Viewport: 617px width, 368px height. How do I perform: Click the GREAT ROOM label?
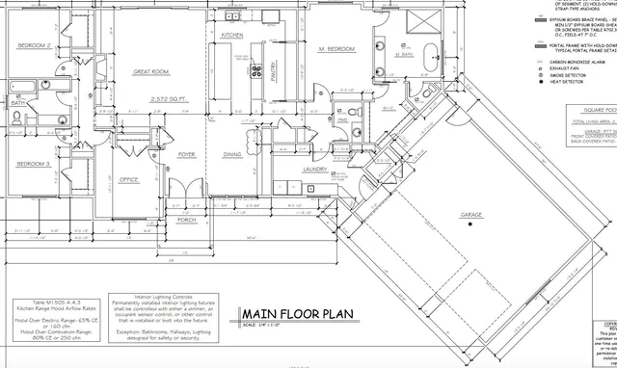click(152, 72)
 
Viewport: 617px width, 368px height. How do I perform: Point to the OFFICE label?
click(129, 179)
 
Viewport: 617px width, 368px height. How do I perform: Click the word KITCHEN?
click(232, 36)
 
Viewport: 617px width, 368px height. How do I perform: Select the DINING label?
click(232, 155)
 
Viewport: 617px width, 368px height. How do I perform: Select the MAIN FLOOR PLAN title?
click(296, 314)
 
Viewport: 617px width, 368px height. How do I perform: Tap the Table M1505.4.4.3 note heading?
click(41, 302)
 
